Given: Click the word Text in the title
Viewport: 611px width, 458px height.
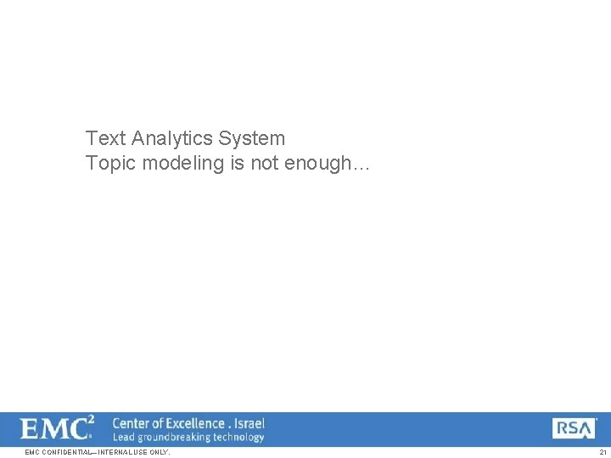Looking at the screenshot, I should [x=106, y=138].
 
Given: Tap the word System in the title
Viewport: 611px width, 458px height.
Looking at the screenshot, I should [x=252, y=138].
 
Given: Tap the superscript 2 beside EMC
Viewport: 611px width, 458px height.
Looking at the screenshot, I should [x=91, y=420].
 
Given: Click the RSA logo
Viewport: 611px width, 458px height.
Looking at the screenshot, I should [x=574, y=429].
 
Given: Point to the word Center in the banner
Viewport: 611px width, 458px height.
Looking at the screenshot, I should [x=132, y=423].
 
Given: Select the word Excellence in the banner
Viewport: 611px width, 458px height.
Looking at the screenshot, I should [x=196, y=423].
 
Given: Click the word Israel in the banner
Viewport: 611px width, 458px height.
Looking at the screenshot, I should [x=249, y=423].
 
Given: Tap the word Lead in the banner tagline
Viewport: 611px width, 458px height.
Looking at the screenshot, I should [x=124, y=438].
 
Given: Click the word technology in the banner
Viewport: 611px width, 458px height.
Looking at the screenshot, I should [x=238, y=438].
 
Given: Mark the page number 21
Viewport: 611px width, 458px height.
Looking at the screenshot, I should [x=603, y=453].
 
